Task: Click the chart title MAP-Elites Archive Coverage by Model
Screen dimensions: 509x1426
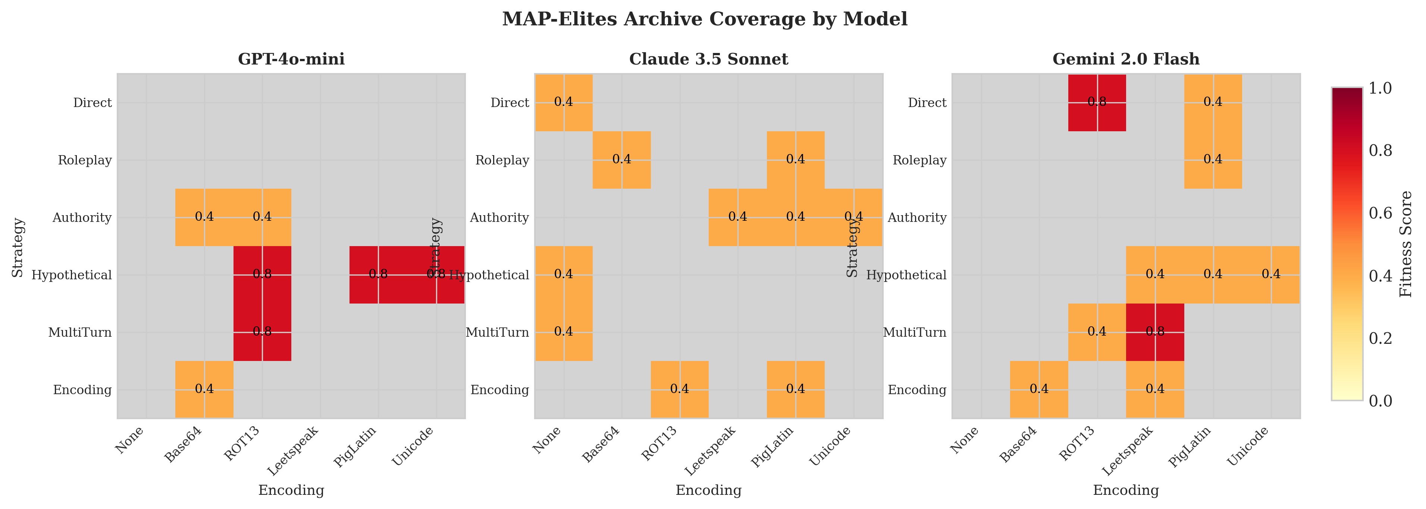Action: [705, 19]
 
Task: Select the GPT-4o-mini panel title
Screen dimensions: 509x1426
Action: [291, 59]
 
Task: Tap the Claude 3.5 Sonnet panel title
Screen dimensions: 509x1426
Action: [709, 59]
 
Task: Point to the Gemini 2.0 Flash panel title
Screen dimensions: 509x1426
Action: [1126, 59]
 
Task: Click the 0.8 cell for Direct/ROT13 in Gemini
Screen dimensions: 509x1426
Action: [1097, 102]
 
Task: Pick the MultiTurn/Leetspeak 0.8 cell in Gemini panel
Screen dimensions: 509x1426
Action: [1155, 332]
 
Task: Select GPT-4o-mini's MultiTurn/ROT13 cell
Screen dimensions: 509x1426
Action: [262, 332]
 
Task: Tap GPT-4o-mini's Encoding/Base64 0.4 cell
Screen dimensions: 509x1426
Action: [204, 389]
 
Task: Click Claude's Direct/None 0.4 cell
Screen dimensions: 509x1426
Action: [564, 102]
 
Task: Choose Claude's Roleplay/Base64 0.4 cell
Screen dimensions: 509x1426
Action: [622, 160]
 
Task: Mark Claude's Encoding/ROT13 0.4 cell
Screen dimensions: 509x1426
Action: [680, 389]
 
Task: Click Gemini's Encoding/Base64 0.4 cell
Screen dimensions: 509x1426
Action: [1039, 389]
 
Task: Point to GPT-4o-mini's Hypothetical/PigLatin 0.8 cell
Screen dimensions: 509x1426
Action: [379, 274]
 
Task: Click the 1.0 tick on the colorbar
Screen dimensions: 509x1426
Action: [1379, 88]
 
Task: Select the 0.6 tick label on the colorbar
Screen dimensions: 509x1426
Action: [1379, 213]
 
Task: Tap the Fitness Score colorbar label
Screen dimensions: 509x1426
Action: [1406, 244]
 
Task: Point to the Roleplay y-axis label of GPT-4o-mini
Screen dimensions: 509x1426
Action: [85, 160]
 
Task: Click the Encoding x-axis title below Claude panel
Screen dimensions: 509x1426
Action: [709, 490]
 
